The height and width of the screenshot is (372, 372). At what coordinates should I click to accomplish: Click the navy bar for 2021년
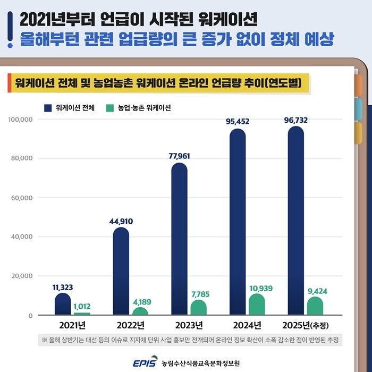63,305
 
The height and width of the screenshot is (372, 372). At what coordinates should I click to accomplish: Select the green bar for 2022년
140,311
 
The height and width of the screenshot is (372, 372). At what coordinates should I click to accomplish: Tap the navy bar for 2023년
180,239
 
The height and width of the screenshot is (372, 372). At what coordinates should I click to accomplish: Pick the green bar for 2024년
257,305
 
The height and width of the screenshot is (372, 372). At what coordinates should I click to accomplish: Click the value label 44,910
121,221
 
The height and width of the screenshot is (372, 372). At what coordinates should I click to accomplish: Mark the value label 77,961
179,156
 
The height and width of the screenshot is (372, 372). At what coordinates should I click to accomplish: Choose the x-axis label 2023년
189,325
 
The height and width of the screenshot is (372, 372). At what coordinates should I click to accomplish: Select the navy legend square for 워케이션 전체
48,107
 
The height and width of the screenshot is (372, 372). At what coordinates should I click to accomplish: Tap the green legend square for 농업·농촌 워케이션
110,107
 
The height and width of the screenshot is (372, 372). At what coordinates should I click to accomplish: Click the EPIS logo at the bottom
145,362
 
